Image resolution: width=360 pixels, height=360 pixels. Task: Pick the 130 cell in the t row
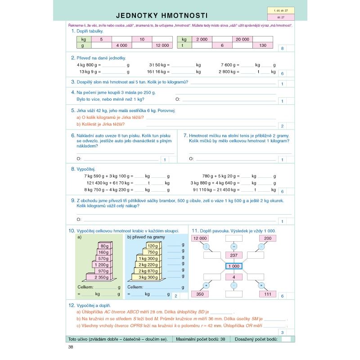click(262, 45)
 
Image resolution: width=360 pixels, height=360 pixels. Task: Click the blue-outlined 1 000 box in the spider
click(234, 266)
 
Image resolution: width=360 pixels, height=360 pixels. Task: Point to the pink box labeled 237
click(234, 255)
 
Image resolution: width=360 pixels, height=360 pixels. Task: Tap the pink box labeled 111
click(268, 294)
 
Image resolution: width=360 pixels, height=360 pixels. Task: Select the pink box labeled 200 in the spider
click(268, 238)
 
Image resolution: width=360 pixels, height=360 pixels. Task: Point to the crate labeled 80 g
click(104, 246)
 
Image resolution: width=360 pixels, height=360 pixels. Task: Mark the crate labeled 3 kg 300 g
click(148, 277)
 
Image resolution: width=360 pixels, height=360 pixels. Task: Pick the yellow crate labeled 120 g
click(153, 246)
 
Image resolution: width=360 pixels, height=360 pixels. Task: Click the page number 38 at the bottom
click(71, 346)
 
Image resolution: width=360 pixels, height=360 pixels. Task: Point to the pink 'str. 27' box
click(280, 18)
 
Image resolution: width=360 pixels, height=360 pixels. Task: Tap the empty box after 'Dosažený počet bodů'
click(285, 339)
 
